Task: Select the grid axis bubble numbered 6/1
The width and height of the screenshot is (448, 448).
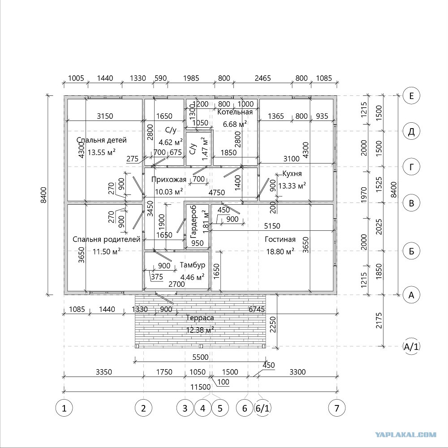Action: coord(263,408)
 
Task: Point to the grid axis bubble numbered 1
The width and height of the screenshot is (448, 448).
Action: coord(64,408)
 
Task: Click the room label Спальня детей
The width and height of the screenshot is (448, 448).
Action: coord(101,140)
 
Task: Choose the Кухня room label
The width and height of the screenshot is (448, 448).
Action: coord(292,174)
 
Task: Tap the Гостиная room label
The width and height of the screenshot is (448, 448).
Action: coord(280,239)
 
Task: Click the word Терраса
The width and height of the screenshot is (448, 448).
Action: coord(200,318)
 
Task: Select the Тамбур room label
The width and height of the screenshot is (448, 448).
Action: coord(192,265)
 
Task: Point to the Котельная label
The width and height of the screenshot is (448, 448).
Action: coord(235,112)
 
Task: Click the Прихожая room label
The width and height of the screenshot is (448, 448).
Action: coord(168,180)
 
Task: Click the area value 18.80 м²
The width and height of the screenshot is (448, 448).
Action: coord(280,251)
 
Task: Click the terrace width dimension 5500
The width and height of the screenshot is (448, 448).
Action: coord(200,357)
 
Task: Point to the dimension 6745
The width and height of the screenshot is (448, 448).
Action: coord(257,309)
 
